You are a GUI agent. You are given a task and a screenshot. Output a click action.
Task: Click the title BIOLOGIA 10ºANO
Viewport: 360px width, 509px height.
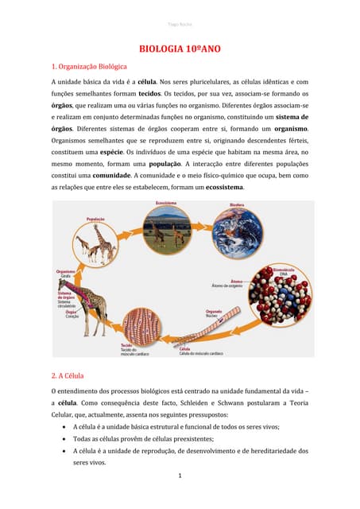click(180, 49)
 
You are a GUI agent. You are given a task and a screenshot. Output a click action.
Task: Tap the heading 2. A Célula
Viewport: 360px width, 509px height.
click(68, 375)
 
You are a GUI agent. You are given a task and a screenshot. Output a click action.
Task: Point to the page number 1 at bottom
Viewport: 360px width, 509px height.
click(180, 476)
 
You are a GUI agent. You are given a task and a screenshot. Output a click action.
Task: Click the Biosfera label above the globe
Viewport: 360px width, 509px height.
click(237, 205)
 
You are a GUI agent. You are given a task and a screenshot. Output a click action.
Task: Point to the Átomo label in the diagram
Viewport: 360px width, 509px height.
click(236, 281)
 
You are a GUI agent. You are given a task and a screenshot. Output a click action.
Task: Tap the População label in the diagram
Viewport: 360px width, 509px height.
click(95, 219)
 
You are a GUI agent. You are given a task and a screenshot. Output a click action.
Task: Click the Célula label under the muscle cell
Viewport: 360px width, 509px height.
click(184, 348)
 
